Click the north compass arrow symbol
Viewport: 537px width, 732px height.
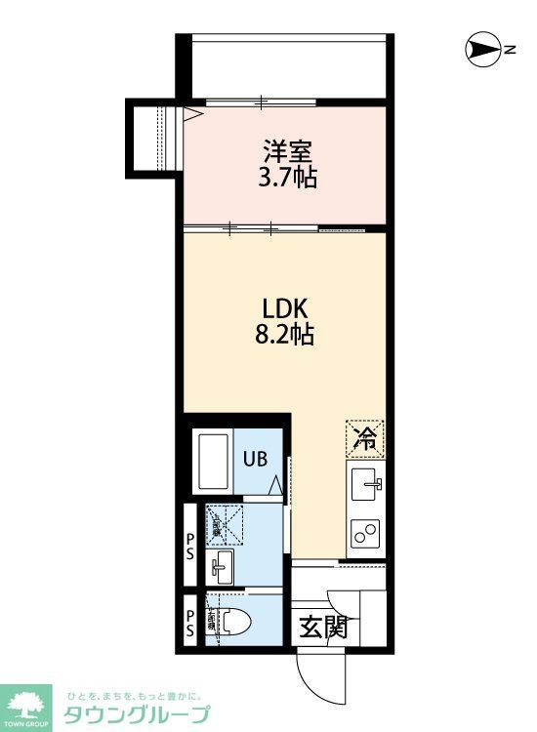tap(483, 49)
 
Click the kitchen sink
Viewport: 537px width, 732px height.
tap(367, 482)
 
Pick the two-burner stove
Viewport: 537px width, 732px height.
tap(367, 533)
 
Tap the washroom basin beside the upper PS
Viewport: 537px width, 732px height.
tap(221, 564)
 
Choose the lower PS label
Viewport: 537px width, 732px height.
tap(191, 621)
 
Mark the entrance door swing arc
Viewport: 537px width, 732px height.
tap(314, 673)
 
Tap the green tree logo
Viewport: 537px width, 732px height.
tap(28, 703)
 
